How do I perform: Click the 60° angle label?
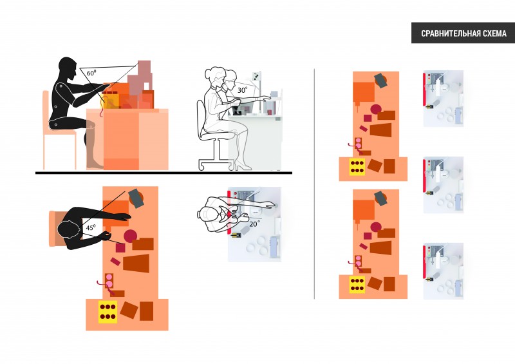91,73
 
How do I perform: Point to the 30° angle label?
242,90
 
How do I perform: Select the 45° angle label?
91,227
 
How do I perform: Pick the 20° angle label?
254,224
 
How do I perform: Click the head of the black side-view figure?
68,69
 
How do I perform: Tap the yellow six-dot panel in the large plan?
108,312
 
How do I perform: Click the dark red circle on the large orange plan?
130,236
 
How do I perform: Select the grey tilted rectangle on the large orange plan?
136,198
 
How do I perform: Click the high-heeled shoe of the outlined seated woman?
243,165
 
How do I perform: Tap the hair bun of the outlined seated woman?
208,73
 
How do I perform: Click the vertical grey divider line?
314,184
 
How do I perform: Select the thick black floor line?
164,173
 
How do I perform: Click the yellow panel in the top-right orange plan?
357,166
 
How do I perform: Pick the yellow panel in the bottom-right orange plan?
357,285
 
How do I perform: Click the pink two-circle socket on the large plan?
109,280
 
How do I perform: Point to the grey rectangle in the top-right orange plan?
380,81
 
